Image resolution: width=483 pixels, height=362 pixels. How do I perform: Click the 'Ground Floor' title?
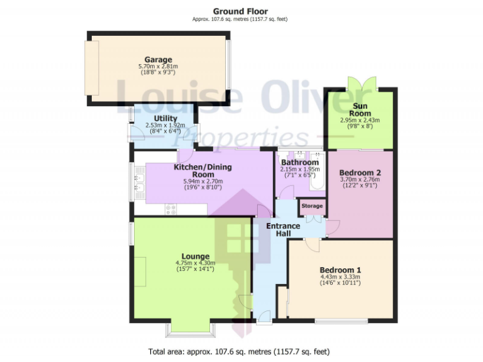[240, 11]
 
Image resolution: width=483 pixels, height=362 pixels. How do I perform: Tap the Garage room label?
[158, 60]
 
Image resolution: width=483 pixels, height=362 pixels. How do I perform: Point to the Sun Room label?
[360, 109]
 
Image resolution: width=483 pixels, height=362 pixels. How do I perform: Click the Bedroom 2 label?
[360, 172]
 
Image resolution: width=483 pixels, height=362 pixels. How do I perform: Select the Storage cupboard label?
[312, 206]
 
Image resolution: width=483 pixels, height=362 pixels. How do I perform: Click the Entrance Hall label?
[279, 229]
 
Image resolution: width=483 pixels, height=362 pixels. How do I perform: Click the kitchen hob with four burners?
[170, 210]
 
